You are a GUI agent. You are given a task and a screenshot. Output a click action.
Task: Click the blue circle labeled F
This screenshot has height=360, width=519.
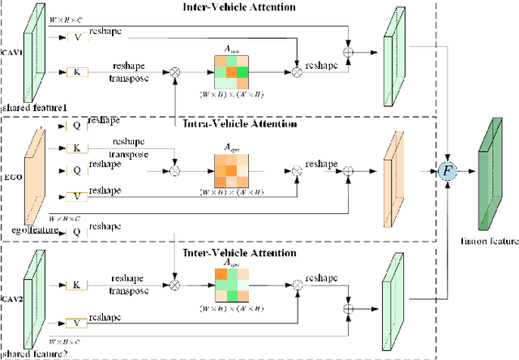pyautogui.click(x=445, y=172)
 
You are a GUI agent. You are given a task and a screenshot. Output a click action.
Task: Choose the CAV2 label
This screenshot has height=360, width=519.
pyautogui.click(x=11, y=298)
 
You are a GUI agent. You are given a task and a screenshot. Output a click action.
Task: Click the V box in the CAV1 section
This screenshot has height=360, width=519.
pyautogui.click(x=76, y=36)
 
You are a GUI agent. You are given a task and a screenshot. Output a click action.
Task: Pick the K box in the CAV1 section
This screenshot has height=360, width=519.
pyautogui.click(x=76, y=72)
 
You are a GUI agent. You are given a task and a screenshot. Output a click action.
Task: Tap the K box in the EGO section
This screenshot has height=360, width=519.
pyautogui.click(x=76, y=148)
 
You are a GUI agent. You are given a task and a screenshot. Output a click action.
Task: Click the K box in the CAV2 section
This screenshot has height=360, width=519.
pyautogui.click(x=76, y=285)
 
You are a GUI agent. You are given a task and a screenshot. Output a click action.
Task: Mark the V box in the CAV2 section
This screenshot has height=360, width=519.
pyautogui.click(x=76, y=322)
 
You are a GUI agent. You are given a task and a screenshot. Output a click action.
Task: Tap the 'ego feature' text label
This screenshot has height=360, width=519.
pyautogui.click(x=28, y=230)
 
